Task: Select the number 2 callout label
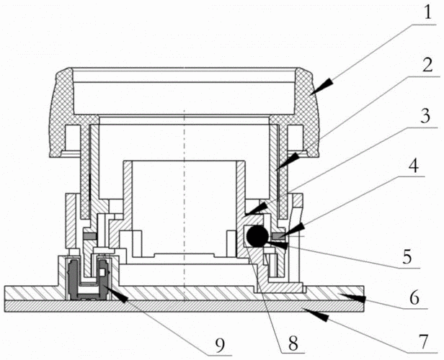tap(425, 67)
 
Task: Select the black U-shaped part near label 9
tap(75, 280)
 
